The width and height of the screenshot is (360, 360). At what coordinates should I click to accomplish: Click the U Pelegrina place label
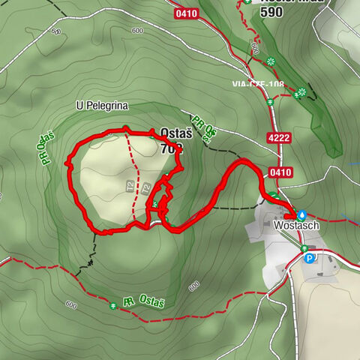click(102, 106)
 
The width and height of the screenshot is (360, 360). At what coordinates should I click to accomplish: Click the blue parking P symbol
click(310, 259)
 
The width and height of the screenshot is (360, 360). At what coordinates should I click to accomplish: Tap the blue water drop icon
click(301, 213)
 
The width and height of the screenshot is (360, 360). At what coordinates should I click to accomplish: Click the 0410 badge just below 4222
click(283, 172)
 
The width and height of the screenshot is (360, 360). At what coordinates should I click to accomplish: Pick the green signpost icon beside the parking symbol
click(304, 248)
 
